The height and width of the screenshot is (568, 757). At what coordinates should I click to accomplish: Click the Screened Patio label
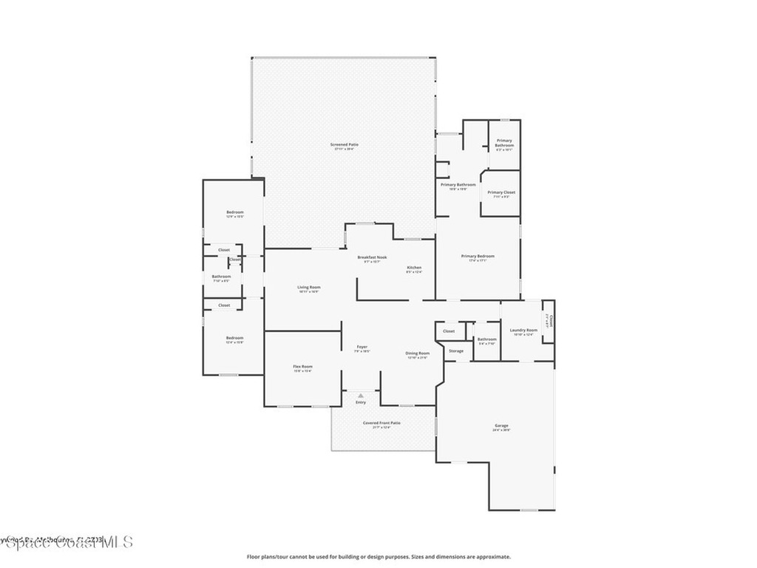coord(344,144)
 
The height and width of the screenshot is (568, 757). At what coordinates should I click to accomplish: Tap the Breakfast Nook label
coord(372,257)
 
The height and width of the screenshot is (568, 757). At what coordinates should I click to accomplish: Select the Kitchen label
coord(414,267)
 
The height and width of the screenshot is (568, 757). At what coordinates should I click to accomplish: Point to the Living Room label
coord(308,287)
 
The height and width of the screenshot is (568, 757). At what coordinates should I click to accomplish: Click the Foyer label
coord(361,347)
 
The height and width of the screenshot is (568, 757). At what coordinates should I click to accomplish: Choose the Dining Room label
coord(417,354)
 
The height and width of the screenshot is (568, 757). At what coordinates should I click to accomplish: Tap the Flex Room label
coord(302,367)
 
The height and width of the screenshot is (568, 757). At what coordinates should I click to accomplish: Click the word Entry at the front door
coord(361,402)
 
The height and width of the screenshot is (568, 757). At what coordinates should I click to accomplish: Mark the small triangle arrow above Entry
coord(361,396)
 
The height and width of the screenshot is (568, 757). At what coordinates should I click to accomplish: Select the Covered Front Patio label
coord(381,423)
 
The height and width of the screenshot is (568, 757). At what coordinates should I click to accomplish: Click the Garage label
coord(502,425)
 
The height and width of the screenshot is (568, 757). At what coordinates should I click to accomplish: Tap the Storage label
coord(456,351)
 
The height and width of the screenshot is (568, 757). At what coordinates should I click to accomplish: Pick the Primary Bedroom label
coord(478,256)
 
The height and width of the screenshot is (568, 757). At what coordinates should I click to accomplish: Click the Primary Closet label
coord(501,192)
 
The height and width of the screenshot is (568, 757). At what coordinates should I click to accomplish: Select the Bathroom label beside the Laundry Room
coord(486,339)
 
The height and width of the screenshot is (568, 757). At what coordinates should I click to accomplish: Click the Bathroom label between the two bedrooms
coord(222,277)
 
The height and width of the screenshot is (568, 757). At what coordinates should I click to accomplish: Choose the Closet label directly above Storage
coord(449,331)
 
